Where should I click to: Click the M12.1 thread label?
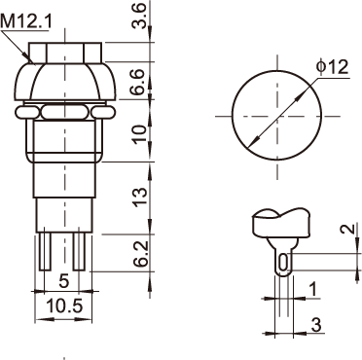pyautogui.click(x=26, y=22)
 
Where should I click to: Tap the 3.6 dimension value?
pyautogui.click(x=139, y=16)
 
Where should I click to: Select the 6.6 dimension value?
pyautogui.click(x=139, y=82)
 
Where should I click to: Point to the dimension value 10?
pyautogui.click(x=139, y=134)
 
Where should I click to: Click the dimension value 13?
pyautogui.click(x=139, y=198)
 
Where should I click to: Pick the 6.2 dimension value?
pyautogui.click(x=141, y=254)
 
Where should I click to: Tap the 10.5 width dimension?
pyautogui.click(x=65, y=306)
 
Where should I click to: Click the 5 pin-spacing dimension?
pyautogui.click(x=64, y=281)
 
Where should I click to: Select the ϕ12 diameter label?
pyautogui.click(x=333, y=67)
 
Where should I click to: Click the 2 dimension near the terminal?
pyautogui.click(x=347, y=230)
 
